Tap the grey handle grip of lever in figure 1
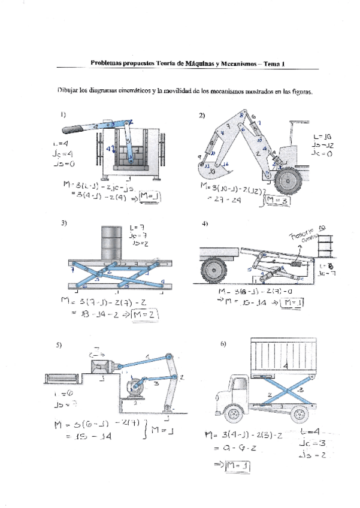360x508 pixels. click(x=74, y=128)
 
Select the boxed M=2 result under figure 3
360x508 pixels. click(x=148, y=315)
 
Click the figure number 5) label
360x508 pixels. click(x=59, y=346)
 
